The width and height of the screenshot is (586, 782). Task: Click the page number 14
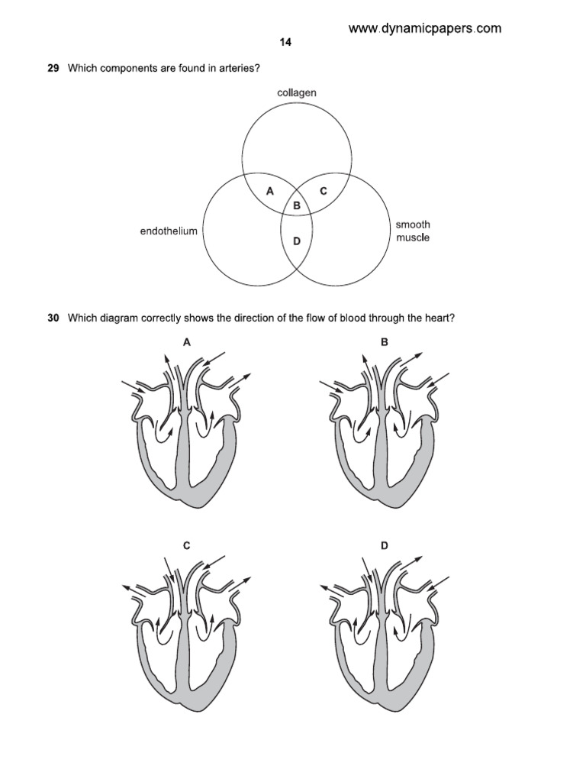[285, 43]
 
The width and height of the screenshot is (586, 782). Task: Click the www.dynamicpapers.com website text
[425, 28]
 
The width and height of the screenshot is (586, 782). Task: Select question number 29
[54, 69]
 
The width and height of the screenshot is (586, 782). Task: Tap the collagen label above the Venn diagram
[297, 93]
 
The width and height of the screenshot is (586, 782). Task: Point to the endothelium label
[169, 231]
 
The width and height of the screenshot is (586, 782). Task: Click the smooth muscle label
[413, 231]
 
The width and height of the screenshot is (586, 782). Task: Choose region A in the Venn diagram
[269, 192]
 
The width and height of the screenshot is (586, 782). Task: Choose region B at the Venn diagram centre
[297, 205]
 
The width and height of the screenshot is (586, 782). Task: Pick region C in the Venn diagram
[323, 192]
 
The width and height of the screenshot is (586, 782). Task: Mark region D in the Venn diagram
[297, 241]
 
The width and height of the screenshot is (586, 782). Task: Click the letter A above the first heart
[186, 343]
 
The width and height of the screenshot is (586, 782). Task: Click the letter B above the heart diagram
[385, 343]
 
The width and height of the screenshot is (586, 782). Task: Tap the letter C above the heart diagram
[186, 545]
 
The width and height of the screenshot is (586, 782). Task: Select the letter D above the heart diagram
[385, 545]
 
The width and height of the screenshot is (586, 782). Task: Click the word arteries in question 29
[237, 69]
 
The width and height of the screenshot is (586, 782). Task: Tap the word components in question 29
[127, 69]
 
